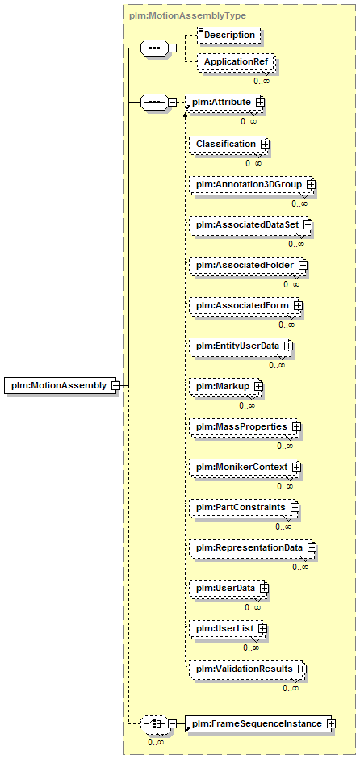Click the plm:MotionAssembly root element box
[x=61, y=385]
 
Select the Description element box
[x=229, y=35]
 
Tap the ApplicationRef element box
[x=237, y=62]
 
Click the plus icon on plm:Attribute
[x=260, y=102]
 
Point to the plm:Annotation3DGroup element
[x=252, y=184]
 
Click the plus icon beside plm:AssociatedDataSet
[x=308, y=224]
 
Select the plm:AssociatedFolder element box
[x=248, y=266]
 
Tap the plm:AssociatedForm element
[x=245, y=305]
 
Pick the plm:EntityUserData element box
[x=241, y=346]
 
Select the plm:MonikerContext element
[x=245, y=468]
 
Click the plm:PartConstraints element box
[x=244, y=507]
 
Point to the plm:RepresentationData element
[x=252, y=547]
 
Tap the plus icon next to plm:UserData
[x=264, y=588]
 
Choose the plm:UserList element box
[x=228, y=628]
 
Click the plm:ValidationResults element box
[x=247, y=669]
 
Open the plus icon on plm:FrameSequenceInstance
[x=332, y=723]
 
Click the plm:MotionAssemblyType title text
[x=188, y=15]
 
